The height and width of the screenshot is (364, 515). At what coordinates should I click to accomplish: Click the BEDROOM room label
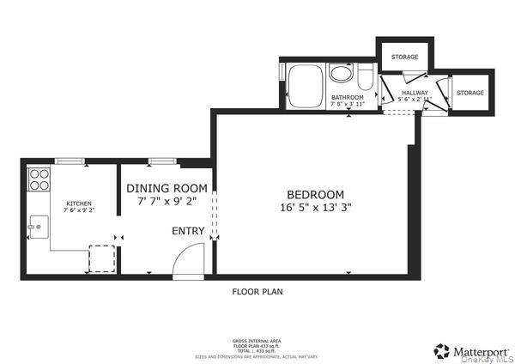(315, 194)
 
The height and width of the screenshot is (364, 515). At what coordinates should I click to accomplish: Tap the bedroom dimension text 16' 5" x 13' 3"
(315, 208)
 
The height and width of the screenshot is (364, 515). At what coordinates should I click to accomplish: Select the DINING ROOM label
(167, 188)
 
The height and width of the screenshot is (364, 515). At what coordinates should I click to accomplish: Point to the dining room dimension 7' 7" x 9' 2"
(167, 201)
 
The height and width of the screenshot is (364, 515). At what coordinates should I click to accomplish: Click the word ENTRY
(188, 231)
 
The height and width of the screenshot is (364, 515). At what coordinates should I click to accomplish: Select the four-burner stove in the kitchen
(39, 179)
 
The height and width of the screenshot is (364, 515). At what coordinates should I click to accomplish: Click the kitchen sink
(38, 227)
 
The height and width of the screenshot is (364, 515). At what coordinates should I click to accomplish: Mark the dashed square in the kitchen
(102, 258)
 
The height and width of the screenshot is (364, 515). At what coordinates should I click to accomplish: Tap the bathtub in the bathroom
(304, 85)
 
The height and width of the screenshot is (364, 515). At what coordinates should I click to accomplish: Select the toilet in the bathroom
(365, 80)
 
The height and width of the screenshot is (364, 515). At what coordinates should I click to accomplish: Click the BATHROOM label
(348, 98)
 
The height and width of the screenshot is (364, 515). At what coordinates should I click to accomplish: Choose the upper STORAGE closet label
(404, 57)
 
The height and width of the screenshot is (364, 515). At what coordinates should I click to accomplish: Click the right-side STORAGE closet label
(470, 92)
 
